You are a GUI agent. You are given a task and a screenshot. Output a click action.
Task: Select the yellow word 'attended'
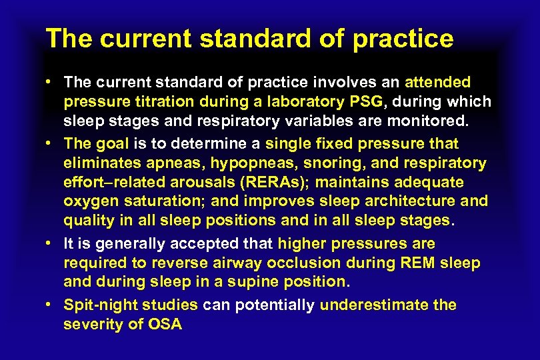click(438, 82)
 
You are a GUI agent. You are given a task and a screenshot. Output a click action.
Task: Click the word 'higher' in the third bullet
click(301, 243)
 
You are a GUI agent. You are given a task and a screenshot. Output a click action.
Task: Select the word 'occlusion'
click(297, 263)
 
